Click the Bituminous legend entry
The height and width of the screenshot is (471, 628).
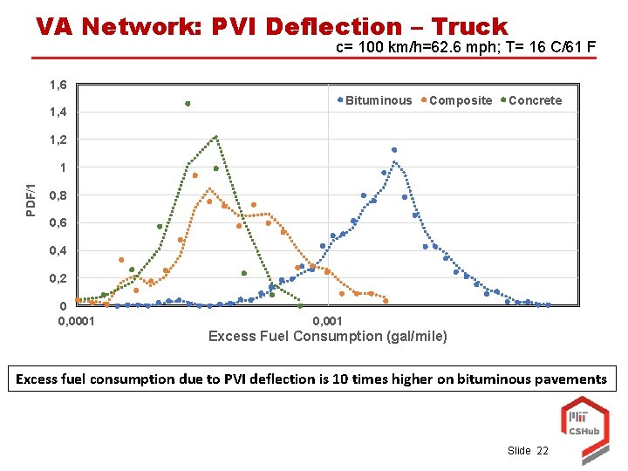[x=378, y=100]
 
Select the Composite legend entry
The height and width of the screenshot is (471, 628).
[x=460, y=100]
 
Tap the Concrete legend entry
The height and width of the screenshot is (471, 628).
[x=534, y=100]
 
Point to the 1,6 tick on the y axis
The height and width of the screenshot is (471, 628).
[x=58, y=85]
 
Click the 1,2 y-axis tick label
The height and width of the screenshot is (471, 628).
[x=58, y=140]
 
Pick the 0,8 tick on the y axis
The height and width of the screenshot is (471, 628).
[x=58, y=195]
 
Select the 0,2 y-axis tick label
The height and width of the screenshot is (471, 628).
[x=58, y=278]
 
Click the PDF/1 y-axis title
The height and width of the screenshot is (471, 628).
[x=31, y=201]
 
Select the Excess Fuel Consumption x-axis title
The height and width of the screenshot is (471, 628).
[x=327, y=336]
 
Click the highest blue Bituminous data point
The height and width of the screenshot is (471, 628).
[x=394, y=150]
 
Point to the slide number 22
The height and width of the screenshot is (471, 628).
[x=543, y=450]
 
